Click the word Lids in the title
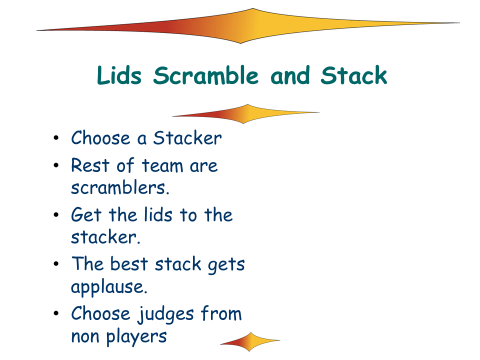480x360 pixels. pyautogui.click(x=119, y=75)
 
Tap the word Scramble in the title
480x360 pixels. pyautogui.click(x=205, y=75)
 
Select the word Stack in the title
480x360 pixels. pyautogui.click(x=354, y=75)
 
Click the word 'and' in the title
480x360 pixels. pyautogui.click(x=290, y=75)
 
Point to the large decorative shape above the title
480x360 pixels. pyautogui.click(x=248, y=26)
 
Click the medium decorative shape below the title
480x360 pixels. pyautogui.click(x=246, y=114)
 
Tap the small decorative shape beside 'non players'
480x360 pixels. pyautogui.click(x=250, y=342)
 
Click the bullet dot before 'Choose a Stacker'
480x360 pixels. pyautogui.click(x=55, y=138)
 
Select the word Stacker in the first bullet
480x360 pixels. pyautogui.click(x=187, y=138)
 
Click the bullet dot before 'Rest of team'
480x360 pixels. pyautogui.click(x=55, y=165)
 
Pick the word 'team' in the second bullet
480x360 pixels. pyautogui.click(x=162, y=165)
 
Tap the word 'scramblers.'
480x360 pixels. pyautogui.click(x=120, y=187)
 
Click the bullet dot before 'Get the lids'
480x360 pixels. pyautogui.click(x=55, y=215)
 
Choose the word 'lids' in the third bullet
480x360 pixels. pyautogui.click(x=158, y=214)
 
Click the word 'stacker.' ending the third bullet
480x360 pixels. pyautogui.click(x=105, y=237)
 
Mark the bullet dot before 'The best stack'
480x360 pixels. pyautogui.click(x=55, y=264)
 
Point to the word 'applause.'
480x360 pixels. pyautogui.click(x=109, y=287)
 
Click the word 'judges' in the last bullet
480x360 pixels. pyautogui.click(x=166, y=314)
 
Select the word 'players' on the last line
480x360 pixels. pyautogui.click(x=136, y=336)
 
